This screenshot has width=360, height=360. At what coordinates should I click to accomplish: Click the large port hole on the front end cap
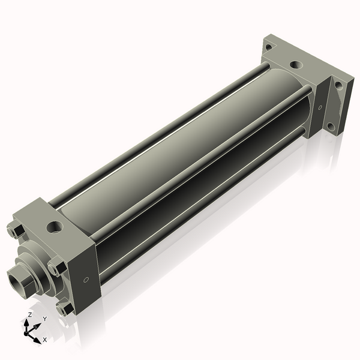(55, 227)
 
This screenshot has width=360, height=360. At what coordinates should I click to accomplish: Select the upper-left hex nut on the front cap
(16, 231)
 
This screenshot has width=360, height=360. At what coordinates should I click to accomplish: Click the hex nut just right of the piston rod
(56, 268)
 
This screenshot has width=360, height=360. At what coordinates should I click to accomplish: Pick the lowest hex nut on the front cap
(64, 308)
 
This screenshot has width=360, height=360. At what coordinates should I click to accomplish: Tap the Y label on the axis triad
(44, 319)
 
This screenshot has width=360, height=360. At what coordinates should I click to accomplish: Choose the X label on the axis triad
(45, 340)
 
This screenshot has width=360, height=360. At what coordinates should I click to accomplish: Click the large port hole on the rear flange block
(295, 64)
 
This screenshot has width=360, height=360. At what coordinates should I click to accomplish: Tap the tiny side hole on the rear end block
(320, 109)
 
